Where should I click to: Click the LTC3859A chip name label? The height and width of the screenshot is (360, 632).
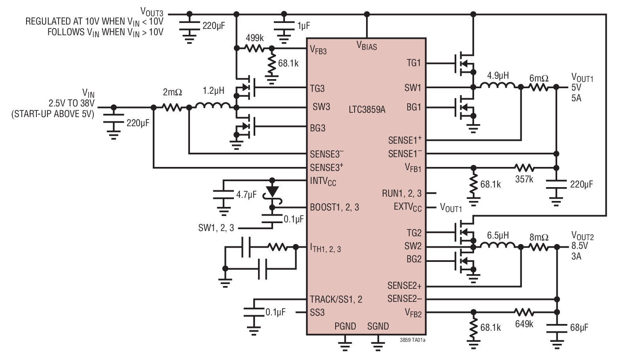[367, 110]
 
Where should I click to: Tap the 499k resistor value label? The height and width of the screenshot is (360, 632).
[254, 38]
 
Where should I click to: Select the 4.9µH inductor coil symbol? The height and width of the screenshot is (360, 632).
[497, 86]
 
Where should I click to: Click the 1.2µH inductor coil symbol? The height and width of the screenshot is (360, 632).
[213, 106]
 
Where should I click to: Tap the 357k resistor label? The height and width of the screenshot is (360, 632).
[524, 179]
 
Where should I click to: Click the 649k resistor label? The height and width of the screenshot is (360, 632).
[524, 324]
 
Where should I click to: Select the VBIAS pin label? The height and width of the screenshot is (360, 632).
[367, 46]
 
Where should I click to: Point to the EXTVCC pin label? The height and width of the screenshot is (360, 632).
[408, 207]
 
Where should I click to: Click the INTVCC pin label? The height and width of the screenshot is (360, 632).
[323, 181]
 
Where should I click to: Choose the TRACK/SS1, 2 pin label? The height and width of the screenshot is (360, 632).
[336, 299]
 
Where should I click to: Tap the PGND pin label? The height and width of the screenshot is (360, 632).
[345, 326]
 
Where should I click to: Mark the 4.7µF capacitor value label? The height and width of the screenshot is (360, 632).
[246, 195]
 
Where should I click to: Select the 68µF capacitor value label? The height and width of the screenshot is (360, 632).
[579, 328]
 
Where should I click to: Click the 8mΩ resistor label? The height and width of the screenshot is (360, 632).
[539, 237]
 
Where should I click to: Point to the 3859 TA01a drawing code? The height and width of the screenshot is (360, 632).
[412, 340]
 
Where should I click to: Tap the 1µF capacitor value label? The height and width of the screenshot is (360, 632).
[304, 26]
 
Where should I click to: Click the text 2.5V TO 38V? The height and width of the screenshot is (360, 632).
[72, 104]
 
